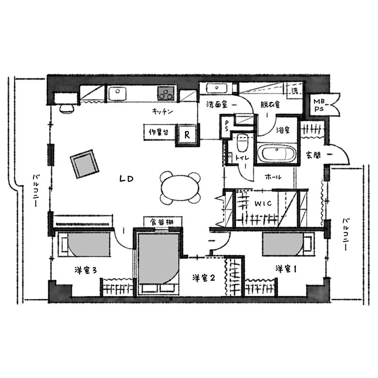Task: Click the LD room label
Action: [x=126, y=179]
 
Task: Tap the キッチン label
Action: [x=163, y=112]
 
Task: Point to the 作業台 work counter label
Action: [x=159, y=132]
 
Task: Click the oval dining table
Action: [x=180, y=187]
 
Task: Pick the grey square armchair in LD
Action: [x=85, y=164]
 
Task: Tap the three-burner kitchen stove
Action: [x=166, y=94]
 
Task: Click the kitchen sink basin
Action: [x=117, y=94]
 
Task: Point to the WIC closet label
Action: [x=263, y=204]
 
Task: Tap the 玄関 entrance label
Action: [x=313, y=155]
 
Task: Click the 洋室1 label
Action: [x=286, y=269]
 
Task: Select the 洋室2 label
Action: [x=204, y=278]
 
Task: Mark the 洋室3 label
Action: [x=86, y=270]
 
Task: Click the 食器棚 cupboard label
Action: [x=162, y=222]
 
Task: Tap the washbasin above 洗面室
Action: [x=217, y=88]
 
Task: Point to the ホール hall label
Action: [x=273, y=177]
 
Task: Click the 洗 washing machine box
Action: [x=295, y=91]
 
